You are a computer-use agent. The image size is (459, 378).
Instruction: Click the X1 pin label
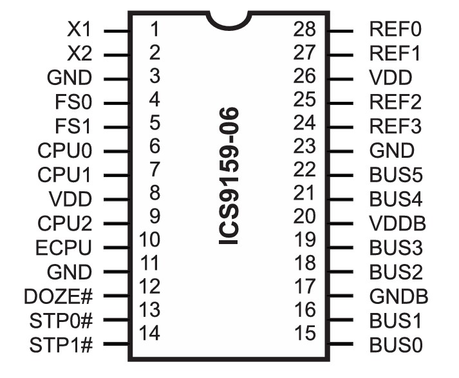click(80, 30)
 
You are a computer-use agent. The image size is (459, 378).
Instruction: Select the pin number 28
click(305, 30)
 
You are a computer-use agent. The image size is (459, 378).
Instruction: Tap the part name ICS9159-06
click(230, 176)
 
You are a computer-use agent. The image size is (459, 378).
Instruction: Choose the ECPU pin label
click(65, 248)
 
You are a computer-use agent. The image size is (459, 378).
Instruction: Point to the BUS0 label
click(396, 345)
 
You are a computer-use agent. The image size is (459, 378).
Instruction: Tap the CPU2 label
click(65, 223)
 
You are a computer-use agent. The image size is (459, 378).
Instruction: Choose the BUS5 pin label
click(395, 175)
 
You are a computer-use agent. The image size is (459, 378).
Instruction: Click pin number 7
click(153, 169)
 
